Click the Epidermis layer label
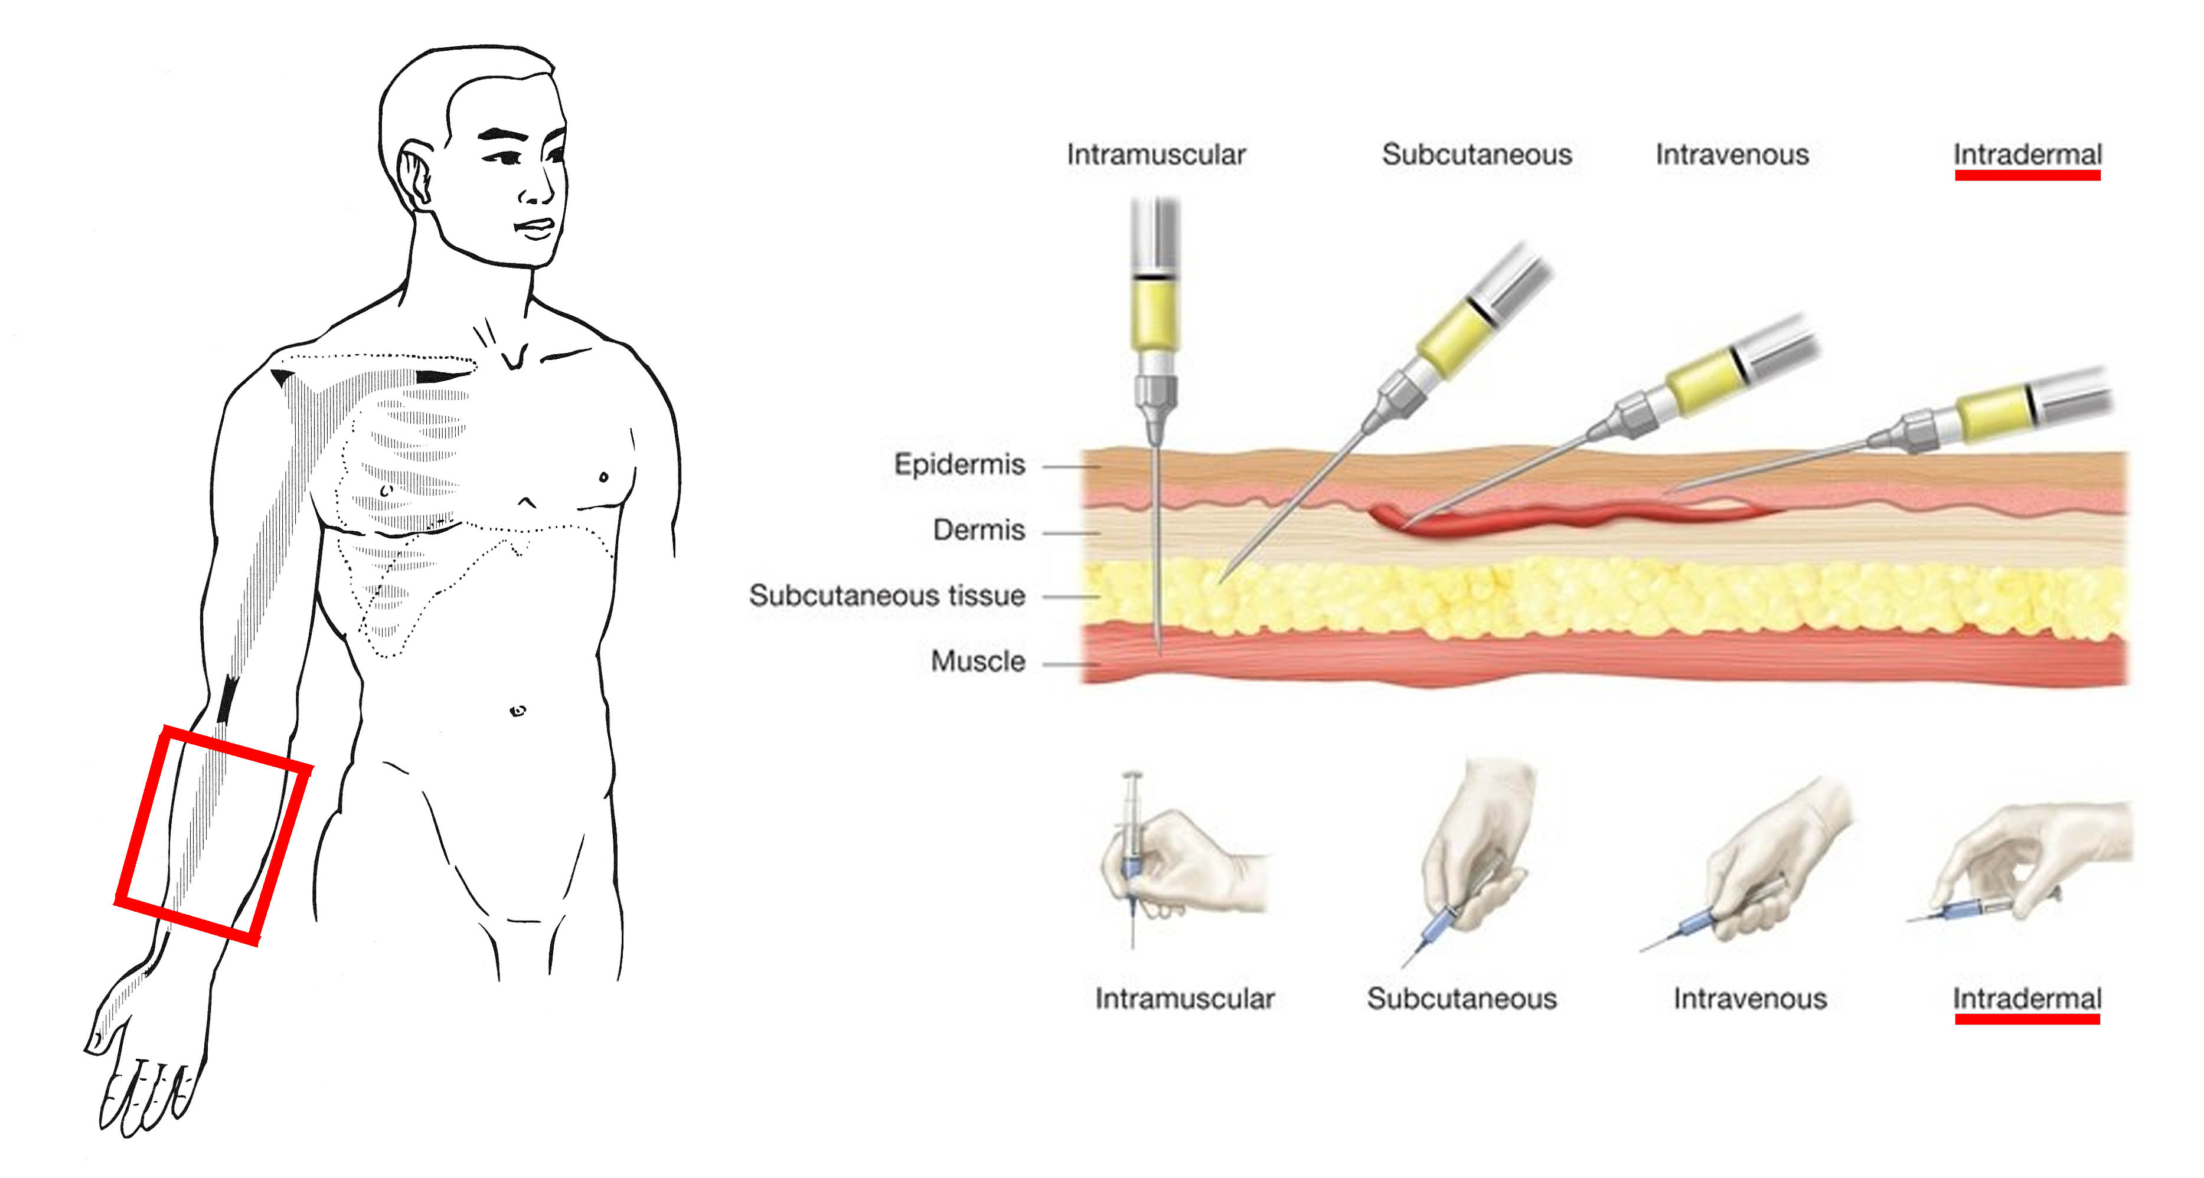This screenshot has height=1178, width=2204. click(959, 464)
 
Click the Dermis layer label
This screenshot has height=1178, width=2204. click(979, 531)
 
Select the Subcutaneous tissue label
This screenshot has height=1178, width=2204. click(887, 595)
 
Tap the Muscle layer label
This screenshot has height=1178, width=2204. click(978, 661)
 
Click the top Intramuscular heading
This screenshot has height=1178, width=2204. click(1156, 155)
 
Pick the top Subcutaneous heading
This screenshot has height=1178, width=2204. click(1477, 155)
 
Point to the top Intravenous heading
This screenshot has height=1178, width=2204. click(1732, 155)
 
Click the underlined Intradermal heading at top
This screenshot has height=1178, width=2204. click(2027, 155)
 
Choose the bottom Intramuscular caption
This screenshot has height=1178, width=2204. click(1185, 999)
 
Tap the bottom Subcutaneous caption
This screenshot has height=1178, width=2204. click(1461, 999)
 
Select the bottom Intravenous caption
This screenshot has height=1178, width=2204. click(1750, 999)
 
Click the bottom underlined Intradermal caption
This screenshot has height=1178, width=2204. click(2027, 999)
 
